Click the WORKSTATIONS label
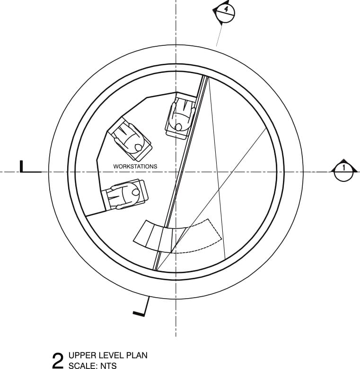coord(135,166)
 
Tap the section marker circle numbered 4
coord(226,13)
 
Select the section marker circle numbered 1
coord(344,172)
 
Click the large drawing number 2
coord(58,360)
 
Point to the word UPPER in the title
coord(82,355)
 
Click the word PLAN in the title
coord(137,355)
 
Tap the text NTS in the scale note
coord(108,366)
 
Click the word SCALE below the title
coord(83,366)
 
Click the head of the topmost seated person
coord(179,127)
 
